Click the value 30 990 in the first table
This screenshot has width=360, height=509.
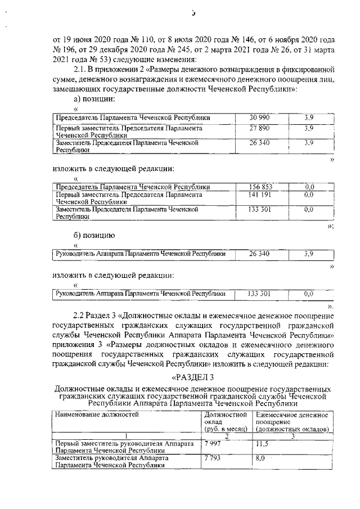(x=260, y=117)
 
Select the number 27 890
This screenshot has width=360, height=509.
(x=260, y=128)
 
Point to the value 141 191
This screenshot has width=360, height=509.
(x=260, y=195)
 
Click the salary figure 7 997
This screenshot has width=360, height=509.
(x=211, y=444)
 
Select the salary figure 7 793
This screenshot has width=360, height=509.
(x=211, y=458)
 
